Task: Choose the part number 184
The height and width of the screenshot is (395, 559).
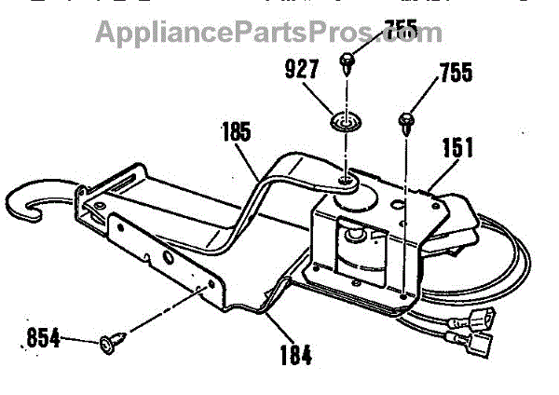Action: [294, 354]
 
